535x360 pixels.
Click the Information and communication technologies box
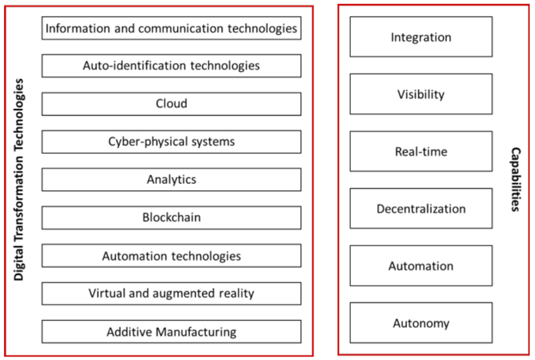(x=171, y=28)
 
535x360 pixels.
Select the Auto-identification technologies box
(x=171, y=65)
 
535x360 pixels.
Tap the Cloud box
(x=171, y=104)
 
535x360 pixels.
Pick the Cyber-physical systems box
(x=171, y=141)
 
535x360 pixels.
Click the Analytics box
(x=171, y=180)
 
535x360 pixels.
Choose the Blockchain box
(x=171, y=217)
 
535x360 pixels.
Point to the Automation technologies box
(x=171, y=256)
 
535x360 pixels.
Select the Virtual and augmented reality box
(x=171, y=294)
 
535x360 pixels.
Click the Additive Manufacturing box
(x=171, y=332)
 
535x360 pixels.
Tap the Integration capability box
(x=421, y=37)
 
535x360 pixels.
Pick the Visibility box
(x=421, y=94)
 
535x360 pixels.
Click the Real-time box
(x=421, y=151)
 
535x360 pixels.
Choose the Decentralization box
(x=421, y=208)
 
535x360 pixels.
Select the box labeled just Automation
(x=421, y=265)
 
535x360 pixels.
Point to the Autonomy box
(x=421, y=323)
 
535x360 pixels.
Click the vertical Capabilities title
(x=515, y=180)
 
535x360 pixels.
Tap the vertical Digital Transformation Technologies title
(x=19, y=180)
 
